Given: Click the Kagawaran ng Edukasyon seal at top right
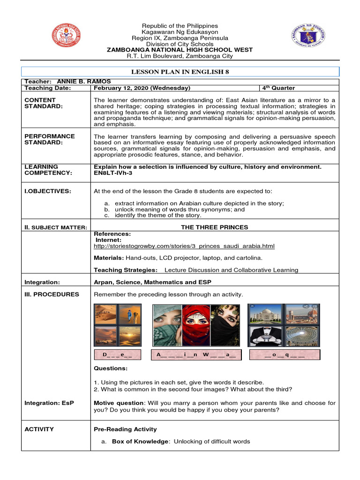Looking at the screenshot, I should [x=308, y=36].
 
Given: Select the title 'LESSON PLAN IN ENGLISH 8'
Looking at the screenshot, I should [x=180, y=71].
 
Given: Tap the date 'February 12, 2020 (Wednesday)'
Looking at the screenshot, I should [x=142, y=88].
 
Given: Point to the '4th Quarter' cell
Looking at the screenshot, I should [x=278, y=88].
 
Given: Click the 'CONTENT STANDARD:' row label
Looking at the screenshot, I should [x=41, y=103].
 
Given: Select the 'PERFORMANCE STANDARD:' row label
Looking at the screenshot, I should [x=43, y=139].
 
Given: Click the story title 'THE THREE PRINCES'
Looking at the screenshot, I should [x=214, y=227].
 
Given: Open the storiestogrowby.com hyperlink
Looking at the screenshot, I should [x=184, y=246].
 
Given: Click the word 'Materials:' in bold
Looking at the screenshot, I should [x=108, y=258].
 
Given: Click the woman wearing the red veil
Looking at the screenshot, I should [x=196, y=325].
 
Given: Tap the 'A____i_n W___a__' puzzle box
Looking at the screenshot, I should [x=196, y=355].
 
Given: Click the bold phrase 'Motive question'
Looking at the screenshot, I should [x=119, y=403].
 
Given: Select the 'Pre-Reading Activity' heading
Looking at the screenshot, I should [x=125, y=429].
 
